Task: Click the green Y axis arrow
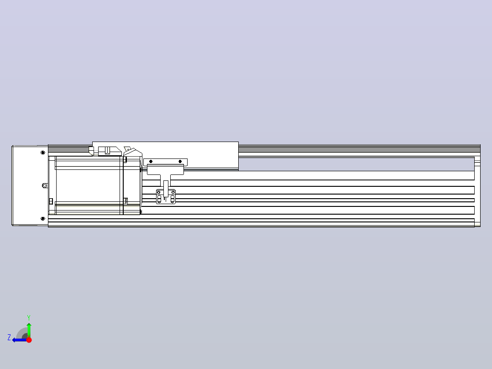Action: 29,329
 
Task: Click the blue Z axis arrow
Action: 20,340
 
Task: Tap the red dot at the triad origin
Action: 29,340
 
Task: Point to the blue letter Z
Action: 9,337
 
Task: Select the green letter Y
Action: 29,317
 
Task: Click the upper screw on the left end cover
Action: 43,153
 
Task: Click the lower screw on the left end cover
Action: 43,219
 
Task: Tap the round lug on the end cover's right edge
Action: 45,185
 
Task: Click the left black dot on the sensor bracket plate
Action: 151,161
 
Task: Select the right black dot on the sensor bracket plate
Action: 180,161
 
